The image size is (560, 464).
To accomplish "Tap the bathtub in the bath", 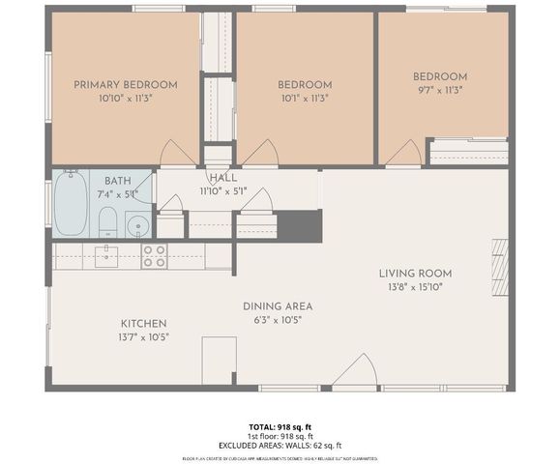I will point(72,203).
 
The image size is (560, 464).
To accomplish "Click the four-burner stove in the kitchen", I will point(154,256).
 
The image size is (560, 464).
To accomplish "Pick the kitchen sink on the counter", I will point(105,256).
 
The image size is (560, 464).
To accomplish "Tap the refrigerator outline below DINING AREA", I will point(219,360).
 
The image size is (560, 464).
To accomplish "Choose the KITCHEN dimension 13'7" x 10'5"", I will point(143,337).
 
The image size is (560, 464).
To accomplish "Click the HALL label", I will point(222,178).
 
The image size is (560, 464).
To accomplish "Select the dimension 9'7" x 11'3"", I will point(440,91).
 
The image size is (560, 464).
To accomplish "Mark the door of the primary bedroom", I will point(177,154).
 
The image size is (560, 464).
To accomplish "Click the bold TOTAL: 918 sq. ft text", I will point(280,426).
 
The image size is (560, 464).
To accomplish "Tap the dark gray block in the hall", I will point(299,225).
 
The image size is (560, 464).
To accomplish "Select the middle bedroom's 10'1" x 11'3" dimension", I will point(305,98).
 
